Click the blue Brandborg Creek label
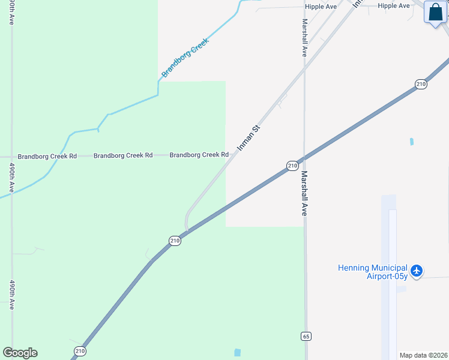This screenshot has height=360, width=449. click(x=184, y=61)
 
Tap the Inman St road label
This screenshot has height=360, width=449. click(x=248, y=137)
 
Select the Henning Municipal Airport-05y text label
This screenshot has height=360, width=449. click(x=373, y=272)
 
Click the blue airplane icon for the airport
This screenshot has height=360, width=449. click(x=417, y=271)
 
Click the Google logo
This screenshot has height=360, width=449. click(x=20, y=353)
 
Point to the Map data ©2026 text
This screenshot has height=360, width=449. click(x=424, y=355)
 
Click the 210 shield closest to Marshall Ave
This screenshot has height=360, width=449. click(x=292, y=166)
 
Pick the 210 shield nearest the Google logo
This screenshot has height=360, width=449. click(x=80, y=350)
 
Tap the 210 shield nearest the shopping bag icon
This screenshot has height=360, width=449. click(x=421, y=84)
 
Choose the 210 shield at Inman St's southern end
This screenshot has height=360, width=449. click(x=175, y=241)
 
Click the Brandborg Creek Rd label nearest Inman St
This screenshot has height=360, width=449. click(x=199, y=155)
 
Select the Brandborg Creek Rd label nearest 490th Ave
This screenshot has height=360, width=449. click(x=47, y=156)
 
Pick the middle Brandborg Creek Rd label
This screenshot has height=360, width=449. click(x=123, y=155)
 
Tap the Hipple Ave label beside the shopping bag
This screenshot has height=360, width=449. click(x=394, y=6)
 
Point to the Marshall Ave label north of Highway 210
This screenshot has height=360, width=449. click(x=304, y=37)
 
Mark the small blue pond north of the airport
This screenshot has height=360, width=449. click(x=412, y=142)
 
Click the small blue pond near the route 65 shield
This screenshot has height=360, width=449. click(x=237, y=352)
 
